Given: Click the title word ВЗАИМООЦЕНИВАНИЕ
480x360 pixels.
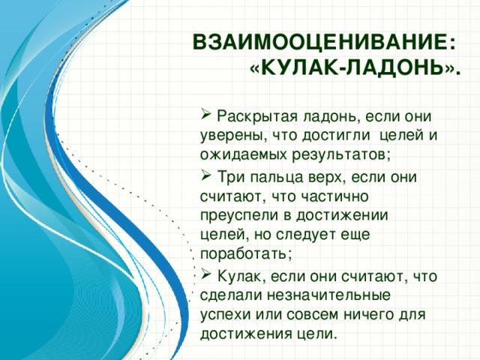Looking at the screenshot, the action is coord(319,42).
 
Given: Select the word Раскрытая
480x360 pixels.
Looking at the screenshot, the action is coord(257,117).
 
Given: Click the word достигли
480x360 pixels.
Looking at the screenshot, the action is coord(336,136).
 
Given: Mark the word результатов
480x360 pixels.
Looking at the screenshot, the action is coord(340,155).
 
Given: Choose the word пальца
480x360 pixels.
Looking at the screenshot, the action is coord(273,178).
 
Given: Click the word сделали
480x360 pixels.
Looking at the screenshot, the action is coord(230,295).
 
